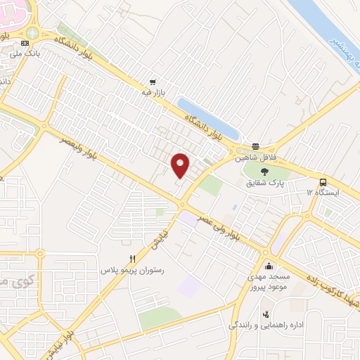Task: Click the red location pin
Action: [x=181, y=165]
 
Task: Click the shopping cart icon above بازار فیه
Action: [x=151, y=81]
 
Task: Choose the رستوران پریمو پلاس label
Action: [x=132, y=270]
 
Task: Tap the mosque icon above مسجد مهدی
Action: [x=269, y=266]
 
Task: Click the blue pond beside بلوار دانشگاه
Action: [x=209, y=118]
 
